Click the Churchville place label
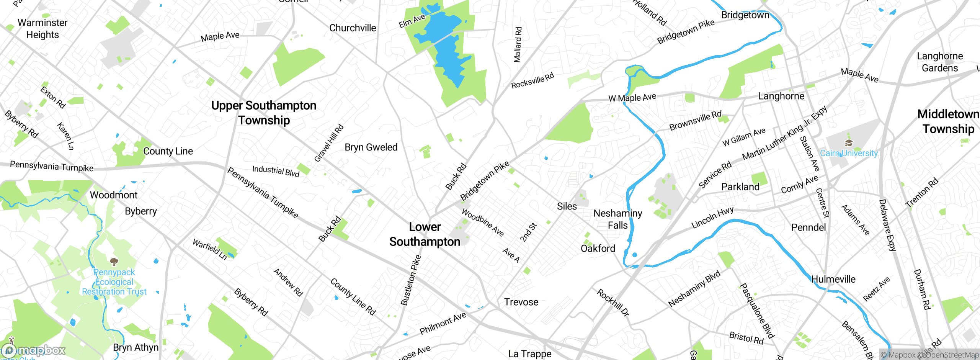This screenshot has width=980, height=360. pyautogui.click(x=352, y=28)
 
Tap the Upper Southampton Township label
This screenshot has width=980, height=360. pyautogui.click(x=264, y=113)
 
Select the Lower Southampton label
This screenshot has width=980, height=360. pyautogui.click(x=425, y=234)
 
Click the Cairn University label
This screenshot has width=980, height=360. pyautogui.click(x=849, y=153)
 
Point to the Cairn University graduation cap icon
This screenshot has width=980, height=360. pyautogui.click(x=849, y=143)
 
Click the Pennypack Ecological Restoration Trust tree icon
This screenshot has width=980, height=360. pyautogui.click(x=114, y=262)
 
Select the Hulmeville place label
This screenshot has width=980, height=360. pyautogui.click(x=833, y=279)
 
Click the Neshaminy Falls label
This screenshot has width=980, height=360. pyautogui.click(x=617, y=219)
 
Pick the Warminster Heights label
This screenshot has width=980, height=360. pyautogui.click(x=42, y=29)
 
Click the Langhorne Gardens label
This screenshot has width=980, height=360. pyautogui.click(x=939, y=62)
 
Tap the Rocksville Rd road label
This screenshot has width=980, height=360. pyautogui.click(x=532, y=80)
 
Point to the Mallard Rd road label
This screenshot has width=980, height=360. pyautogui.click(x=518, y=44)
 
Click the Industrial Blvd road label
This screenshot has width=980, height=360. pyautogui.click(x=276, y=171)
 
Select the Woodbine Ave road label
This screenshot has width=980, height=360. pyautogui.click(x=482, y=223)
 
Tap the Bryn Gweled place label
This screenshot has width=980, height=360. pyautogui.click(x=371, y=147)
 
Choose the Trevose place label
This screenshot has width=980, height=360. pyautogui.click(x=521, y=302)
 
